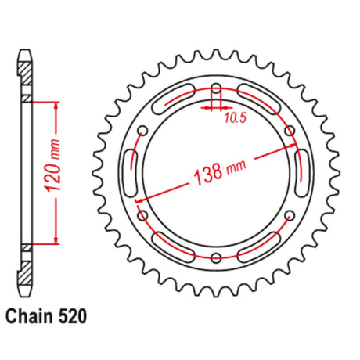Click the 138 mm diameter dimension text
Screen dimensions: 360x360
point(220,172)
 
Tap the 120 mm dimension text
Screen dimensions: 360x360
point(53,166)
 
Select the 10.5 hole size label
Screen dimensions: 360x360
point(235,118)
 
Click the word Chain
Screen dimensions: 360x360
point(29,317)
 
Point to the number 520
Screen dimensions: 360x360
point(71,317)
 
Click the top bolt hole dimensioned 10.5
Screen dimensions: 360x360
point(216,88)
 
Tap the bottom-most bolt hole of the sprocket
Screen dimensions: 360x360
point(216,257)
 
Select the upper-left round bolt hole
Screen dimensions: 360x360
point(142,130)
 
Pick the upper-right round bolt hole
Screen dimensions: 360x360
point(290,130)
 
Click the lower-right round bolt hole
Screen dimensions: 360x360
point(290,215)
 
